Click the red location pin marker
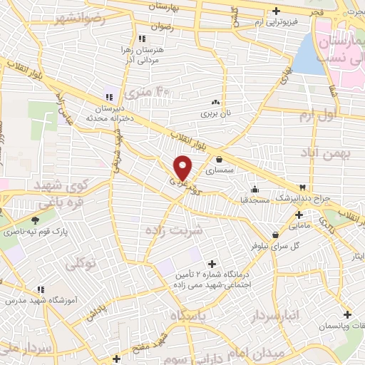pos(183,167)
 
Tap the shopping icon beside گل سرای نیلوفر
pos(275,235)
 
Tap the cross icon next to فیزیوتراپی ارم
pos(277,11)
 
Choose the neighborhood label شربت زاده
pos(174,230)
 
